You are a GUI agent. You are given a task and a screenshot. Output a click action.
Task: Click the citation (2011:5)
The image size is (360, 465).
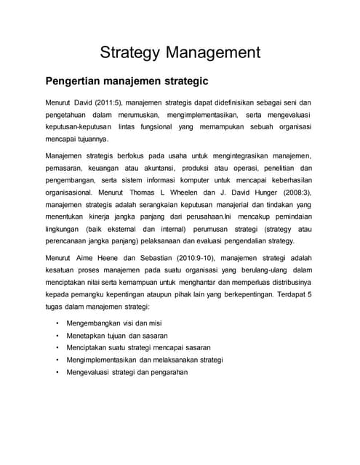[x=107, y=102]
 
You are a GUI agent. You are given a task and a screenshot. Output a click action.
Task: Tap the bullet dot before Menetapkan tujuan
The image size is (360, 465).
[x=57, y=335]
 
